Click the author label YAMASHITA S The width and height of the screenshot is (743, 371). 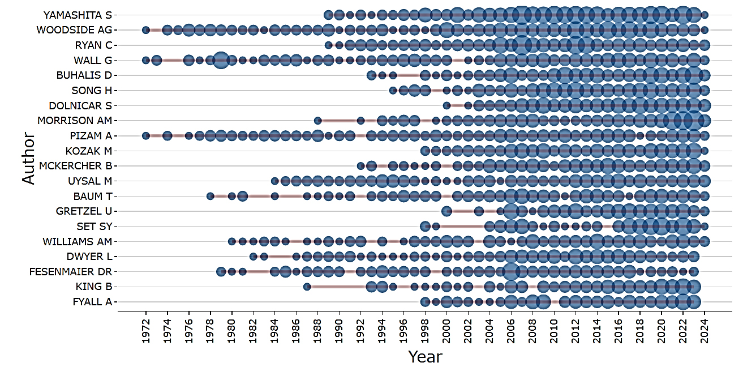tap(78, 15)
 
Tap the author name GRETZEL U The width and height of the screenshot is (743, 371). tap(84, 211)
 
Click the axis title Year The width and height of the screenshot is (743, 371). tap(425, 357)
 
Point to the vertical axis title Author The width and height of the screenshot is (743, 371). tap(28, 158)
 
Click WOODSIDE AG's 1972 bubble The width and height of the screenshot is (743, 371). tap(145, 30)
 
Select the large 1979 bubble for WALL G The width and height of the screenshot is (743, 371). tap(221, 60)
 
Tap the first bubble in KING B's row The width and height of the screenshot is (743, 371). tap(307, 287)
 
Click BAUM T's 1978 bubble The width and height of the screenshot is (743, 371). tap(210, 196)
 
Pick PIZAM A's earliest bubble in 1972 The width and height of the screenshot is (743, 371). tap(145, 135)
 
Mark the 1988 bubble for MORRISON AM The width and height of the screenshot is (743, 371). tap(317, 121)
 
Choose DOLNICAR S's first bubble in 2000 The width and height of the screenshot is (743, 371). tap(446, 105)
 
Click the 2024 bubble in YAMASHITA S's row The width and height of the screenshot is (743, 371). tap(705, 15)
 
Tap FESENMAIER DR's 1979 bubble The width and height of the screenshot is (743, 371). tap(221, 271)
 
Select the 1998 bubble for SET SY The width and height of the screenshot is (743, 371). tap(425, 226)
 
